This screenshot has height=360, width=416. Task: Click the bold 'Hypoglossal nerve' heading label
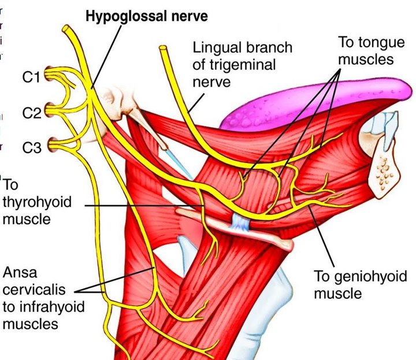(x=147, y=16)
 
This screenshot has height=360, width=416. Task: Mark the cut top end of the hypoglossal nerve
(x=68, y=28)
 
